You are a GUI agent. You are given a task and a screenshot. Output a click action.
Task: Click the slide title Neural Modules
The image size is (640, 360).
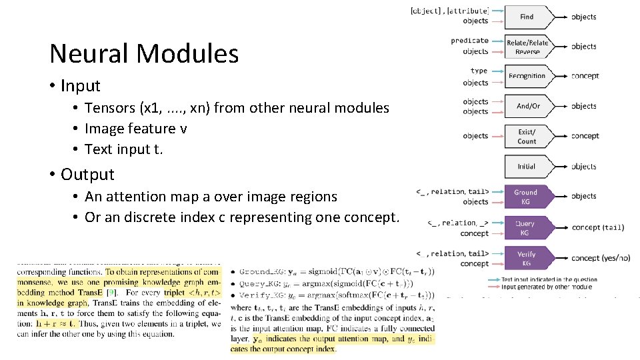[x=144, y=53]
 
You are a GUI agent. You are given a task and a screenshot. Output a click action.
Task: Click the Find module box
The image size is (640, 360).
[x=527, y=17]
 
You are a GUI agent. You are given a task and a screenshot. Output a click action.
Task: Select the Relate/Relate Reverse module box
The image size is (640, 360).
[x=527, y=47]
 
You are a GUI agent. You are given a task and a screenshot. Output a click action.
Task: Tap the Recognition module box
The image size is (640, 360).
[x=527, y=76]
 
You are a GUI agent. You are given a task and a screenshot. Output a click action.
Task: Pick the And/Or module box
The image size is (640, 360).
[x=527, y=106]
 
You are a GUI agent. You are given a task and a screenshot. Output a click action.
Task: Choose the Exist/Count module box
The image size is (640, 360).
[x=527, y=137]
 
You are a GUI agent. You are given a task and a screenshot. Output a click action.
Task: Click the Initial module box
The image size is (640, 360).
[x=527, y=166]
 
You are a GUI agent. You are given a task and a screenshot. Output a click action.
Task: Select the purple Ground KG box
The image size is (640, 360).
[x=525, y=197]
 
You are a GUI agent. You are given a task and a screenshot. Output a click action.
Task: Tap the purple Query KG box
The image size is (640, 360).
[x=525, y=228]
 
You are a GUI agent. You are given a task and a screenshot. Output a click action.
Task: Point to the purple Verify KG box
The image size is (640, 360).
[x=526, y=259]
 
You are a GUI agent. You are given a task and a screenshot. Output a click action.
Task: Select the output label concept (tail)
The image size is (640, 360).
[x=598, y=227]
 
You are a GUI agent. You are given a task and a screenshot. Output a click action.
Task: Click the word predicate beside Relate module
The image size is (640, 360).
[x=469, y=41]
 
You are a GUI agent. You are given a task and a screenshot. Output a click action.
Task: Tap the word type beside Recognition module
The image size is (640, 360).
[x=479, y=71]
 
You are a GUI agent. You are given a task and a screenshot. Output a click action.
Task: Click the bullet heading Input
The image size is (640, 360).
[x=80, y=86]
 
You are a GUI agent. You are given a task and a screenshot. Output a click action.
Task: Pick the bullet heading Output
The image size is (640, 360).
[x=87, y=175]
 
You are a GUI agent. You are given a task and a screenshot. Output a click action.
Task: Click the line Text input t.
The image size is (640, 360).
[x=123, y=149]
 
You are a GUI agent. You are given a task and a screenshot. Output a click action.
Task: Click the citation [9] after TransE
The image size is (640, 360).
[x=115, y=293]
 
